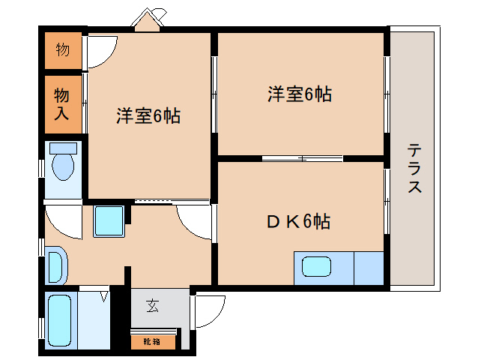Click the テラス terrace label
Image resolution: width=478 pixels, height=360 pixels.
(x=414, y=168)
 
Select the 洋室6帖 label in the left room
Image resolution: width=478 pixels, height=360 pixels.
(x=148, y=116)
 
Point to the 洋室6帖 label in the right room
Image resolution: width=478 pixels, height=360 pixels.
(x=300, y=94)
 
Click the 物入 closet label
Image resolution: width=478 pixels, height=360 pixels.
(x=62, y=104)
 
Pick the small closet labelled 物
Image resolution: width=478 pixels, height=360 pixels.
(x=62, y=50)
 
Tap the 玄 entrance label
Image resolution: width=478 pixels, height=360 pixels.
(x=152, y=305)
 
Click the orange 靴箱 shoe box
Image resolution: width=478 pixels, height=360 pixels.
(x=152, y=341)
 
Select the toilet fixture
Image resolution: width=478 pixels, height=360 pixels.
(x=63, y=161)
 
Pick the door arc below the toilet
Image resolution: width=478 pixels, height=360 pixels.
(x=61, y=221)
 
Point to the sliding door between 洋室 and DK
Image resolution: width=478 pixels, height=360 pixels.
(x=302, y=158)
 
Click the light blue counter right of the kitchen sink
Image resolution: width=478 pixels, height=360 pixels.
(x=368, y=268)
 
